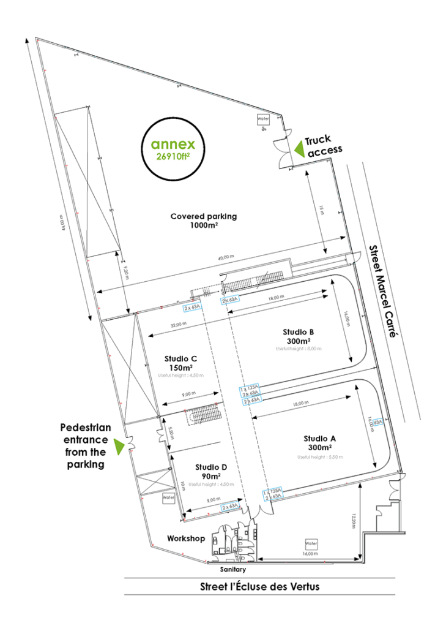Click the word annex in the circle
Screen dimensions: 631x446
(173, 145)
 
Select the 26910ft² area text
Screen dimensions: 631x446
(174, 157)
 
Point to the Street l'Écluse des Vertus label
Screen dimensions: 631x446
(259, 586)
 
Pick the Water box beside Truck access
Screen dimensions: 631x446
(263, 119)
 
